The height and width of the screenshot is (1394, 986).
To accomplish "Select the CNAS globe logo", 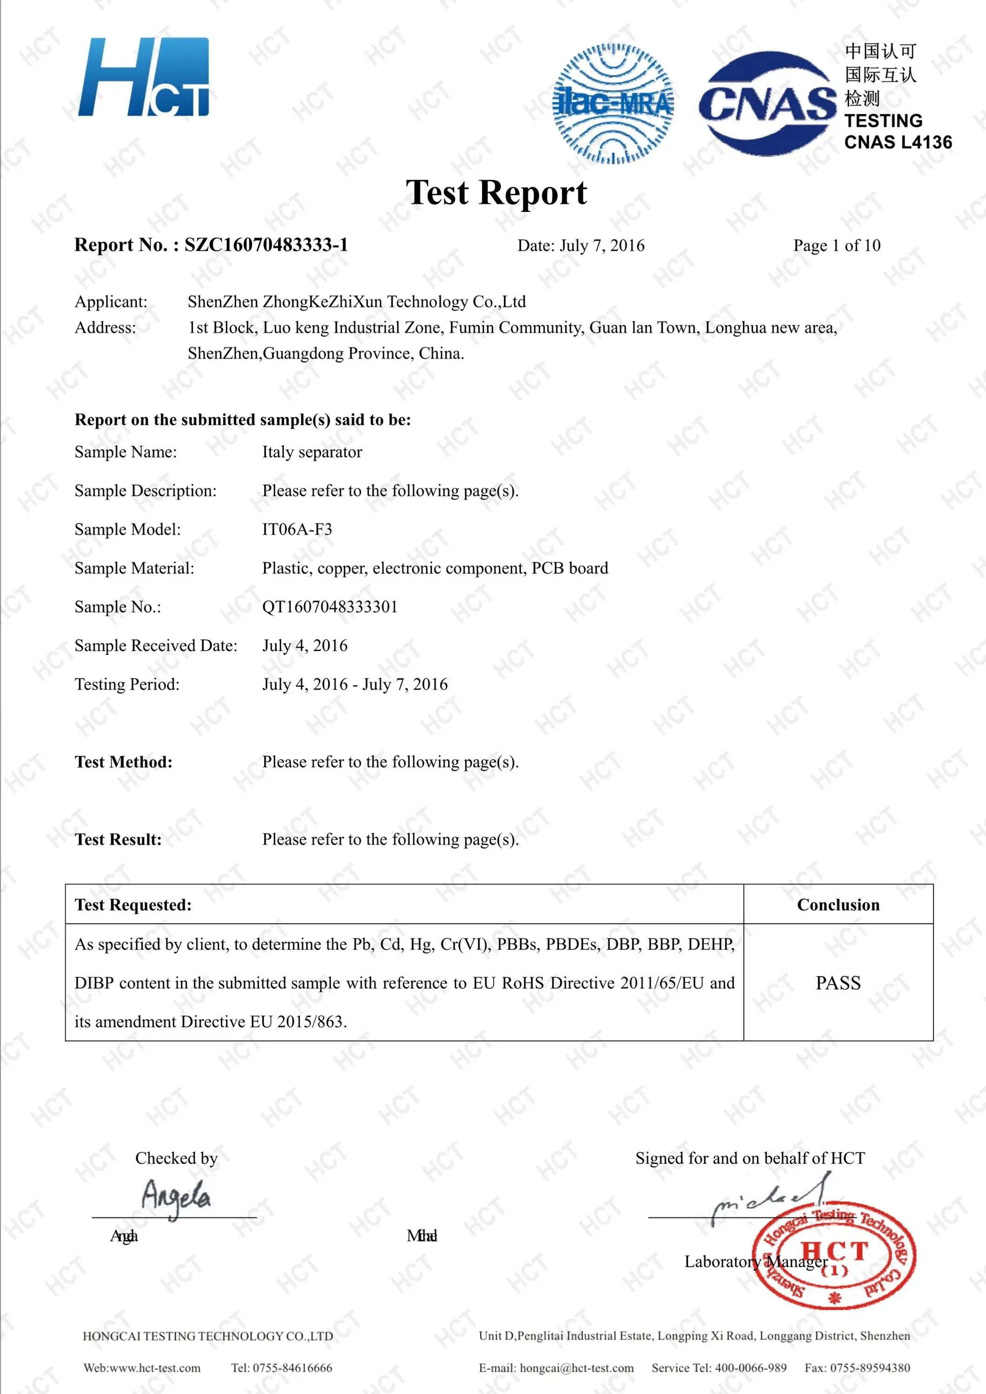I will [767, 103].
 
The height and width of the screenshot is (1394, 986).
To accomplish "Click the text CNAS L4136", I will [898, 143].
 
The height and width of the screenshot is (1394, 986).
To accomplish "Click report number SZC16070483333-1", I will [266, 245].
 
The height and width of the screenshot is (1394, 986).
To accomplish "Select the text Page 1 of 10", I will [837, 246].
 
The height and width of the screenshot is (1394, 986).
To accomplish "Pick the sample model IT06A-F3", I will [297, 529].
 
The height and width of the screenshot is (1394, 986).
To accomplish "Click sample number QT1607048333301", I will [330, 607].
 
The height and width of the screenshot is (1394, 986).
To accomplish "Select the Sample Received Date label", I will [156, 646].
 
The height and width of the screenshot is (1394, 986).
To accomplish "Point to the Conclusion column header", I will [838, 905].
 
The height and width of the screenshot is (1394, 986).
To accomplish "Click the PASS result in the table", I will [838, 983].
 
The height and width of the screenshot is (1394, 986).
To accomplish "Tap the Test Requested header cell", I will [133, 905].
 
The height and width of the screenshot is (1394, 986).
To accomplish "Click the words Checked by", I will [176, 1158].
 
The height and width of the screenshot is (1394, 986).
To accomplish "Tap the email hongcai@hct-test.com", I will [576, 1368].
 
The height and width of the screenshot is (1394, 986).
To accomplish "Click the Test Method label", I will [123, 763].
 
